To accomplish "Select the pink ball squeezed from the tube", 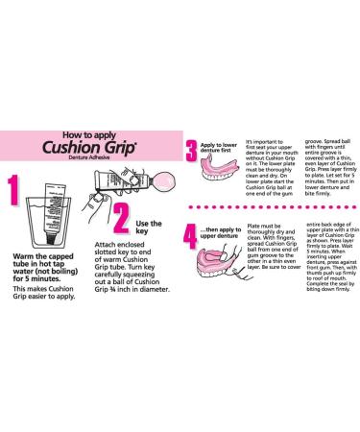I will tap(153, 183).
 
